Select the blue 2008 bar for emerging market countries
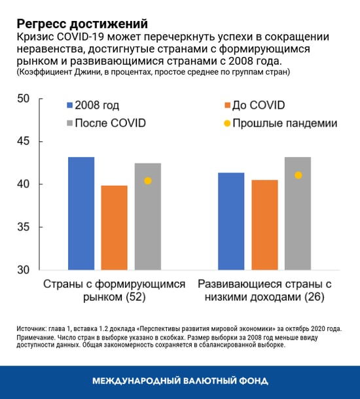tap(81, 213)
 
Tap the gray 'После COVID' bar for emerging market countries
tap(148, 216)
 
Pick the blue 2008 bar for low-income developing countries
tap(231, 221)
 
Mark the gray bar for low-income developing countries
tap(298, 213)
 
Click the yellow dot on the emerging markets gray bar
tap(148, 181)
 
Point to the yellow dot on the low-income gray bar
tap(298, 175)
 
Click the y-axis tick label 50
tap(23, 99)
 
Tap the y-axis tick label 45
tap(23, 142)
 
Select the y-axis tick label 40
tap(23, 184)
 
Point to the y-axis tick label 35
tap(23, 228)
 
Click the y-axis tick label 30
tap(23, 270)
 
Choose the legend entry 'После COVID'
tap(108, 123)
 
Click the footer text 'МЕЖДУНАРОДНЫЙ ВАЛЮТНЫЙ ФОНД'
tap(180, 381)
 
